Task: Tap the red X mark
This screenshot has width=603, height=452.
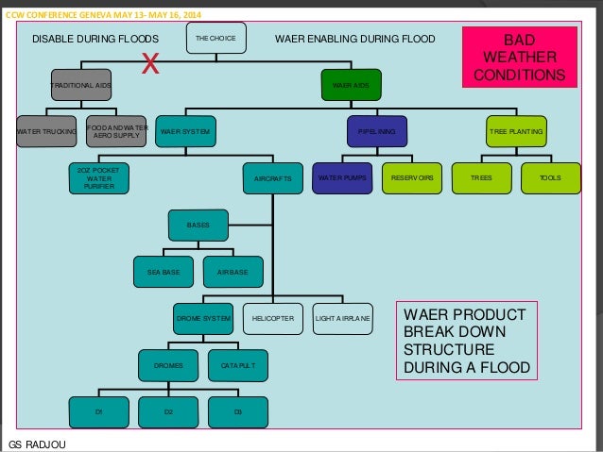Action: pyautogui.click(x=149, y=64)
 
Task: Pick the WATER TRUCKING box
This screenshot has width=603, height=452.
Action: pyautogui.click(x=46, y=131)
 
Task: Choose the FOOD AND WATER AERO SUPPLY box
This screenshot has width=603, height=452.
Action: pyautogui.click(x=117, y=131)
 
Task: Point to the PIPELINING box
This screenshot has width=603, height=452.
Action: pyautogui.click(x=375, y=131)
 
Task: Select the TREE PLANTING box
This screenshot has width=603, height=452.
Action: pyautogui.click(x=516, y=131)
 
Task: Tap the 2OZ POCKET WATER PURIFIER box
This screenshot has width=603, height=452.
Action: pyautogui.click(x=99, y=177)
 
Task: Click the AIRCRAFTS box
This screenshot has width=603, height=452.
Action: pyautogui.click(x=274, y=177)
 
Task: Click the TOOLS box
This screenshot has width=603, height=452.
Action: pyautogui.click(x=549, y=177)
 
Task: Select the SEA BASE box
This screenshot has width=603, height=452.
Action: pyautogui.click(x=164, y=272)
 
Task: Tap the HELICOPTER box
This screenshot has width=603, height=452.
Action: pyautogui.click(x=272, y=319)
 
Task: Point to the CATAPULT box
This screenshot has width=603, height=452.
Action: pyautogui.click(x=236, y=364)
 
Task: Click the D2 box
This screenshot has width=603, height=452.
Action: pyautogui.click(x=168, y=410)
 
